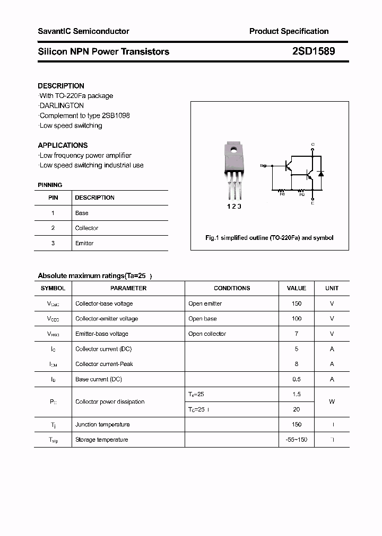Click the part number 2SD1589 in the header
pos(313,51)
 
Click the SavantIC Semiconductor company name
pos(83,31)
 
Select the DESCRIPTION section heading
pos(61,86)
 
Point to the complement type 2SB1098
pos(114,115)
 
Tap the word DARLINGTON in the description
pos(62,105)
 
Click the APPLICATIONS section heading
pos(63,145)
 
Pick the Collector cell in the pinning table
pos(86,228)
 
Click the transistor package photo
pos(233,169)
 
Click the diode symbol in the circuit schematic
pos(320,173)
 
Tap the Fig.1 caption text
pos(269,238)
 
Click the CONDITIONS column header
pos(232,288)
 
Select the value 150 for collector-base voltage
pos(296,303)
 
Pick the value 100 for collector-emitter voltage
pos(296,319)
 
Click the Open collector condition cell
pos(207,334)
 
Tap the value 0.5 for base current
pos(296,379)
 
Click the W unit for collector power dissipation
pos(332,401)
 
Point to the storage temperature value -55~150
pos(296,440)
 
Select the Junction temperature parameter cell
pos(102,424)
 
